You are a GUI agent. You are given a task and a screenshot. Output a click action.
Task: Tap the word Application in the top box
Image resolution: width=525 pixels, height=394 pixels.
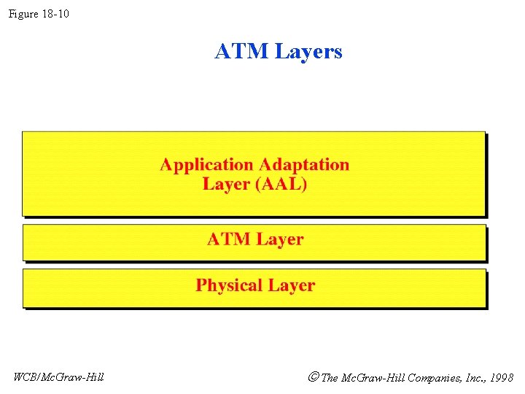[x=206, y=165]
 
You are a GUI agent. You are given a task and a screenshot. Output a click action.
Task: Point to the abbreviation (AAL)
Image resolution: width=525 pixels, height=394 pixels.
[x=281, y=184]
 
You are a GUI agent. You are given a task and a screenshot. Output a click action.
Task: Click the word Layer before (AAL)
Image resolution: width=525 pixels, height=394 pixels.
[x=226, y=184]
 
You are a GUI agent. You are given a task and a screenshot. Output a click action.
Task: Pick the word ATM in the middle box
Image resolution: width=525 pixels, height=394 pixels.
[x=228, y=239]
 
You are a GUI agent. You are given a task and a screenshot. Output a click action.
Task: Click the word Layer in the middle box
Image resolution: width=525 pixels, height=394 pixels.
[x=279, y=240]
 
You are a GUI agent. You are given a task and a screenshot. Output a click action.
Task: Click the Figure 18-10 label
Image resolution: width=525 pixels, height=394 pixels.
[x=39, y=13]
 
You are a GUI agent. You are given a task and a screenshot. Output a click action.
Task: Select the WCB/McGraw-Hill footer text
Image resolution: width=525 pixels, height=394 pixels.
[x=58, y=377]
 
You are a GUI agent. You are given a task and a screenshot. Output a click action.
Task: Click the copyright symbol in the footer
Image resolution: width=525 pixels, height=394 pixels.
[x=313, y=377]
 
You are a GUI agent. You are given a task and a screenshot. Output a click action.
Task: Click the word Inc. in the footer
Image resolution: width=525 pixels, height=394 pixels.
[x=472, y=378]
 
